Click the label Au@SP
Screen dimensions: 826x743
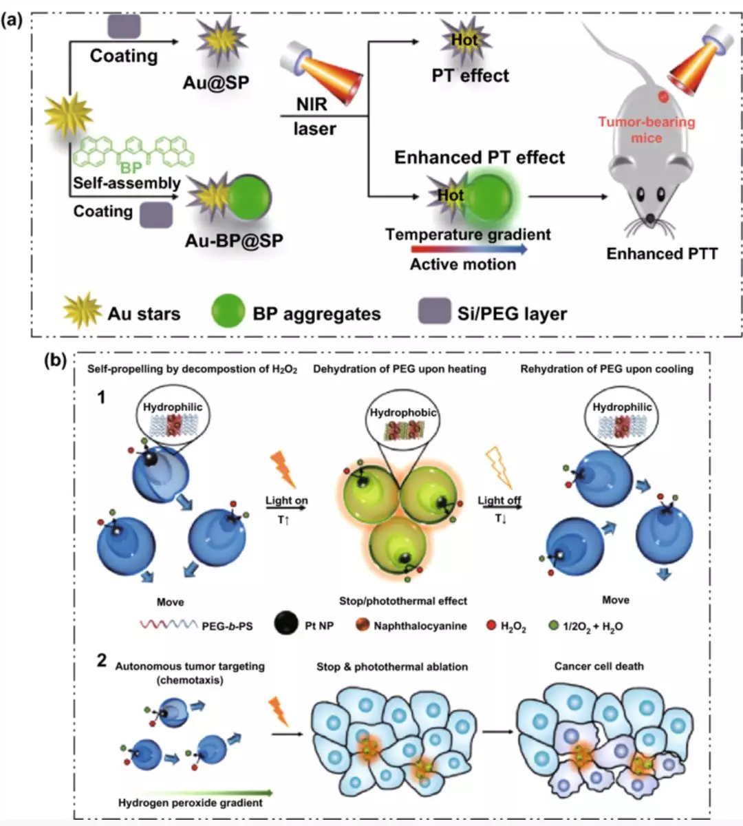215,83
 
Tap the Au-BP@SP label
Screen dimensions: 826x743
234,240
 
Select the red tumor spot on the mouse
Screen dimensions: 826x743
663,97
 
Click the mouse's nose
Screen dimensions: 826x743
649,219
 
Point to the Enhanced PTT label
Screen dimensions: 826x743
662,254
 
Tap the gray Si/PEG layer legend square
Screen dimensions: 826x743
435,311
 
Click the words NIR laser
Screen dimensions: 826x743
314,116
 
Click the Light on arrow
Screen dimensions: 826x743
286,509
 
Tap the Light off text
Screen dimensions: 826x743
499,500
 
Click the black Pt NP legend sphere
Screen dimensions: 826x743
286,624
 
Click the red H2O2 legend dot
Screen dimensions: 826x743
491,626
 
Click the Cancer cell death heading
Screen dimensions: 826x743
599,666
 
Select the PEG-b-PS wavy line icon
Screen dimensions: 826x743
169,625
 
